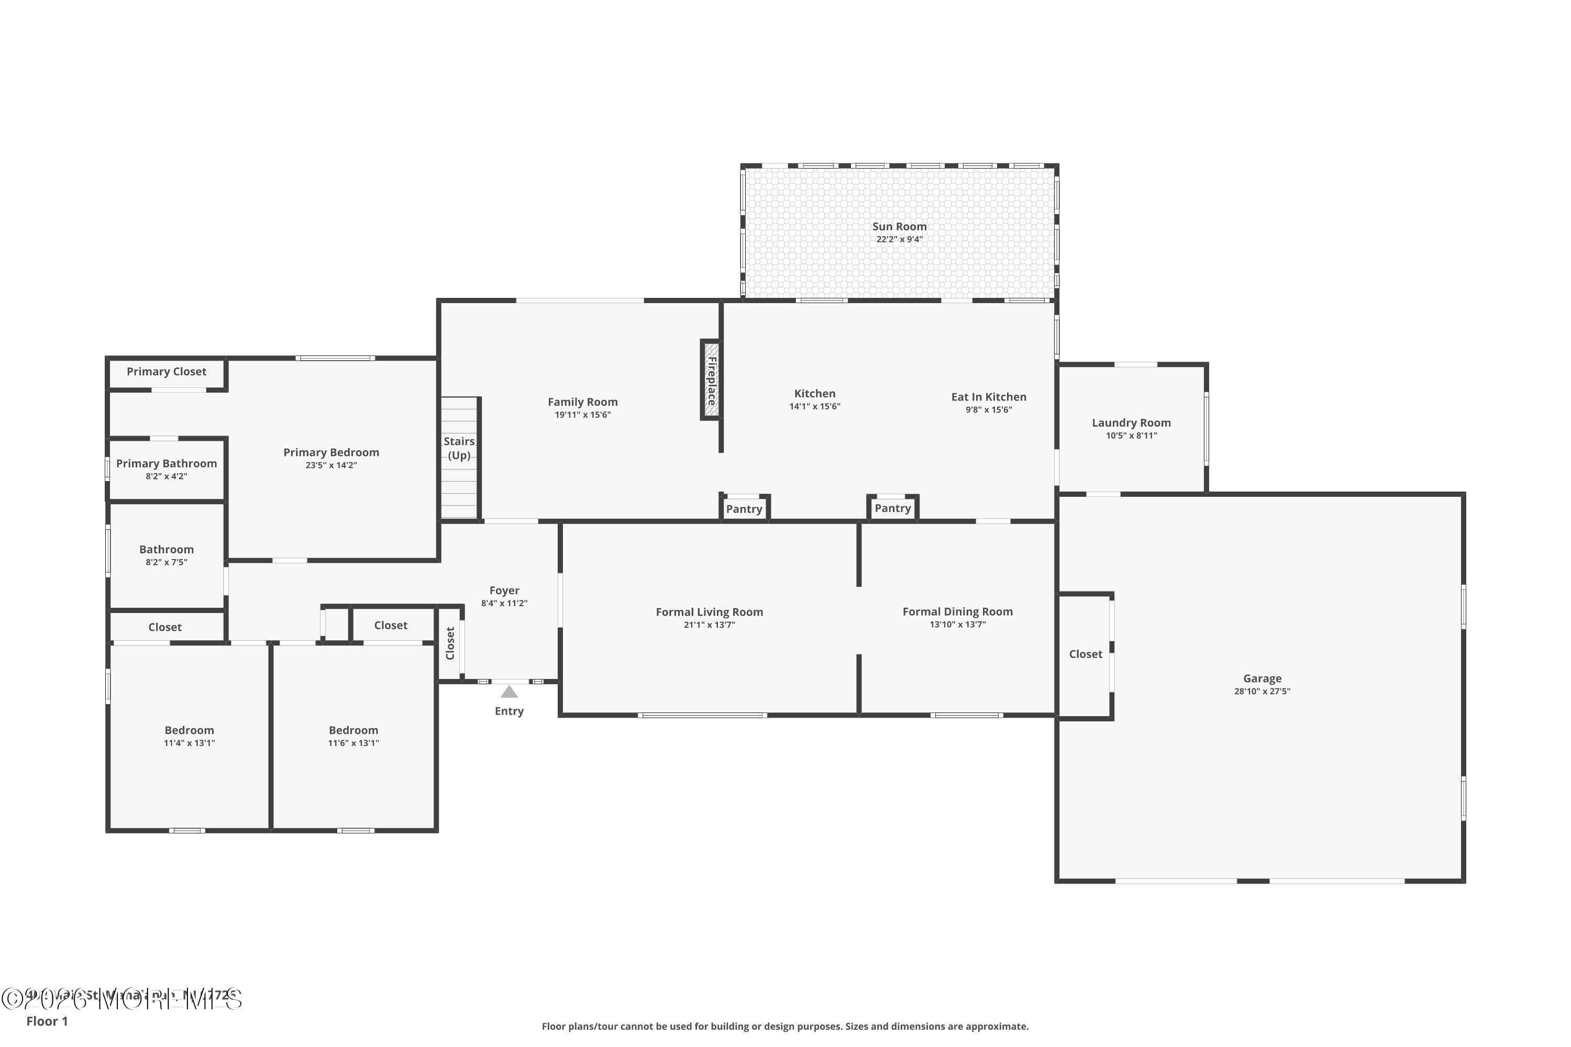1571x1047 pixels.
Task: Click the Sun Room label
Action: pos(899,226)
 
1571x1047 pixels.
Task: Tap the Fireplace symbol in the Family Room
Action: pos(711,381)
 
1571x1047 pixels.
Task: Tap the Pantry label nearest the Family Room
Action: pos(744,509)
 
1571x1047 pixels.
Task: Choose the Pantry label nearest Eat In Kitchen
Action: pos(892,508)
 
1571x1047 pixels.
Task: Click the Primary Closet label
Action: pos(167,371)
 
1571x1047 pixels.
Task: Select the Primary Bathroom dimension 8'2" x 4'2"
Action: pos(167,476)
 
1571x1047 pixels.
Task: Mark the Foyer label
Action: pos(504,591)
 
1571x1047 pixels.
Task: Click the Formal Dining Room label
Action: pos(957,611)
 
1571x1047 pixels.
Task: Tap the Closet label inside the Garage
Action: pos(1086,654)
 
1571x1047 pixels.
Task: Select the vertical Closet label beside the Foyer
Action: pos(450,643)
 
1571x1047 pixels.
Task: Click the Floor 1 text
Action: pos(47,1021)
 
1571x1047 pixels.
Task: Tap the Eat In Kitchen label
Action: pos(989,397)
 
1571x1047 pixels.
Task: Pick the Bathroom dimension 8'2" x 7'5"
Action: pos(167,562)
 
